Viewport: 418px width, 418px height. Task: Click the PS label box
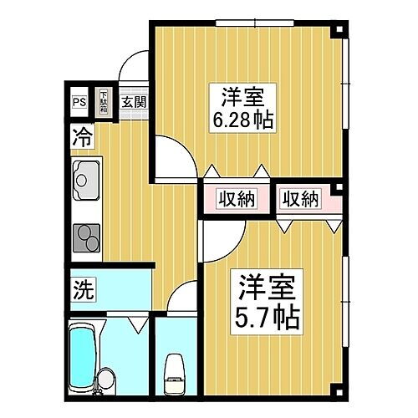point(79,103)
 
